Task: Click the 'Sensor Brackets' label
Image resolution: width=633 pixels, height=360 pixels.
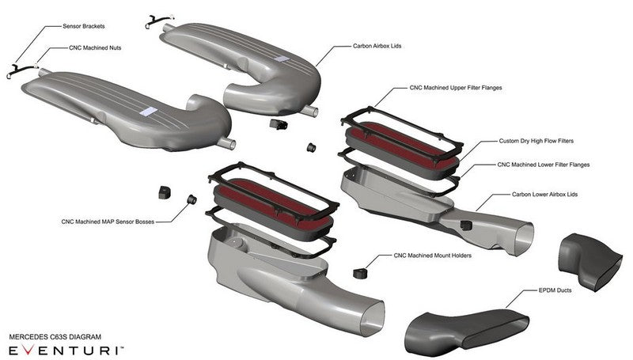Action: coord(85,26)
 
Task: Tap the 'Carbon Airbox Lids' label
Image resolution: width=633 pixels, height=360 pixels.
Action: coord(379,47)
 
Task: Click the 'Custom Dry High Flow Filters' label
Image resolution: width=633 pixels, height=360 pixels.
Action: coord(536,141)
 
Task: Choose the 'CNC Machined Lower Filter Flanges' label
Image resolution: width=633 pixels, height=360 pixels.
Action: coord(543,165)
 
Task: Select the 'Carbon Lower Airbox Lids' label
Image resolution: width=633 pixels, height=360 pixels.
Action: coord(546,194)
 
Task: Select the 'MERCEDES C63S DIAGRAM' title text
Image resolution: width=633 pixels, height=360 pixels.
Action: coord(55,336)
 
